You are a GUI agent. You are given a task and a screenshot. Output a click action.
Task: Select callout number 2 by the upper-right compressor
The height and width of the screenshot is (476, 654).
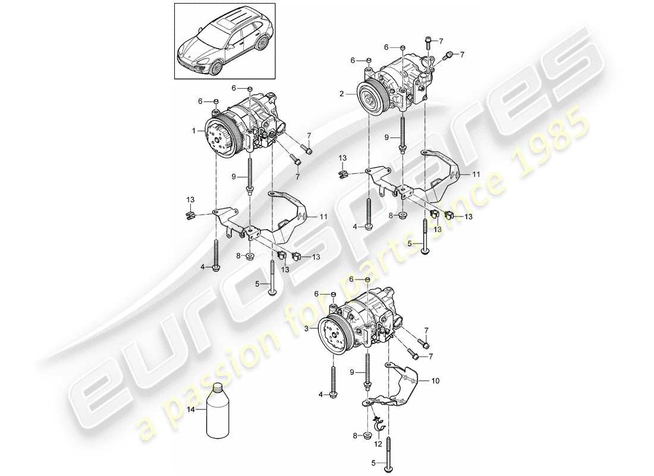pos(342,94)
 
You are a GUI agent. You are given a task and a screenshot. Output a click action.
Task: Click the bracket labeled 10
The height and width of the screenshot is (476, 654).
pos(404,381)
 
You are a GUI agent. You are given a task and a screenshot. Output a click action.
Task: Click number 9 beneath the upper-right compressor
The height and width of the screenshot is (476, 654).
pos(386,137)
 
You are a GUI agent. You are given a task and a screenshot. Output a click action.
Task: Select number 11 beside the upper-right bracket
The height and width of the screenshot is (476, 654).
pos(476,174)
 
